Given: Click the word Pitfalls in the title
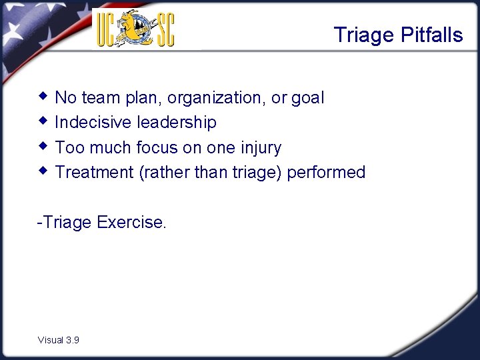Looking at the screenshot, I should coord(431,35).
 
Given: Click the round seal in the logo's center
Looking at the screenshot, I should coord(136,28).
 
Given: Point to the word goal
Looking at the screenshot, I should coord(307,98).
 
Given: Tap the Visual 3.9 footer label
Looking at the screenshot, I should coord(59,340).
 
